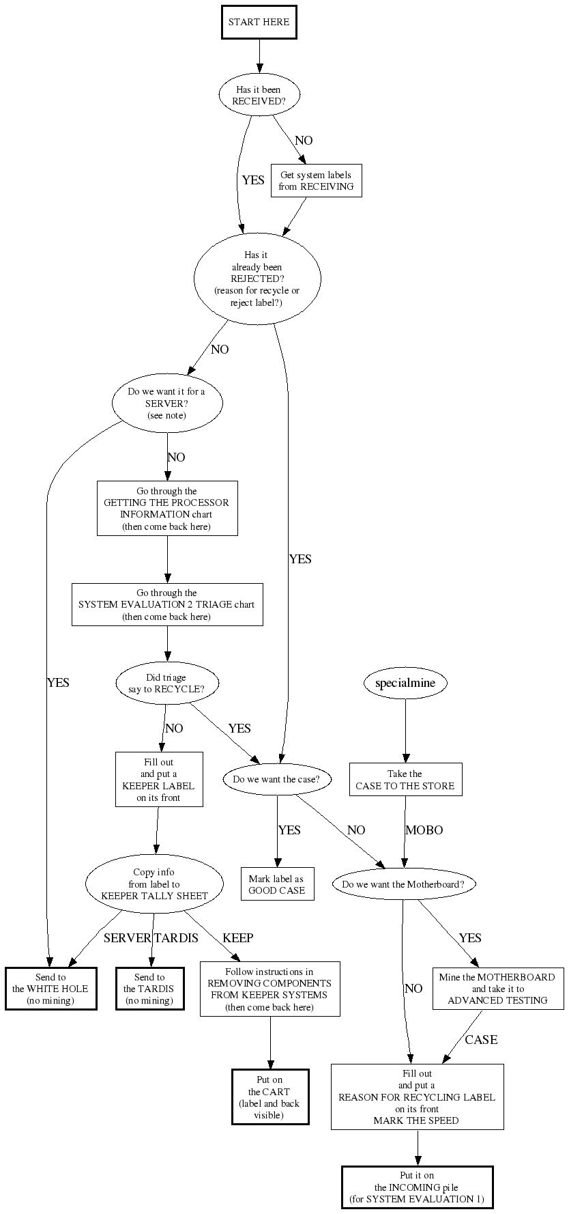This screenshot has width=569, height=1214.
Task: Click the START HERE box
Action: coord(259,22)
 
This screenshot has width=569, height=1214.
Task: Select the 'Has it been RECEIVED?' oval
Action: coord(259,95)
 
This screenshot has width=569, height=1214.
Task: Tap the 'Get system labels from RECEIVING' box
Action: coord(316,180)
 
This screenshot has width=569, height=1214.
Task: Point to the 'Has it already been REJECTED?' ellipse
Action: coord(257,279)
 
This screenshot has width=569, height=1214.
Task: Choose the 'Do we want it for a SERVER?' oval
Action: coord(166,404)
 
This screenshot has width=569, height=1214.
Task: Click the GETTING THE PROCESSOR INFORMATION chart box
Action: coord(166,509)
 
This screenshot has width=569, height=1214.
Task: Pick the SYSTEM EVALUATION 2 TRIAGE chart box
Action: coord(166,604)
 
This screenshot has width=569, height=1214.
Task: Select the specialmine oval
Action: coord(405,683)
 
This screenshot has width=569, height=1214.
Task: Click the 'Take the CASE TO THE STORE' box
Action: coord(405,780)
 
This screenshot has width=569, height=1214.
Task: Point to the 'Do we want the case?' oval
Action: coord(276,779)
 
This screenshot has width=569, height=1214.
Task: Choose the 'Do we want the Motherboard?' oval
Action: coord(403,884)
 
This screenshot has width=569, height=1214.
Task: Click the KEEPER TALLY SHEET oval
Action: coord(154,884)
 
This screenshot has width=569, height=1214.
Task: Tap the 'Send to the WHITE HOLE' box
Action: coord(50,989)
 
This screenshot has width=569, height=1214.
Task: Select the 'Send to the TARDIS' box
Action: coord(149,989)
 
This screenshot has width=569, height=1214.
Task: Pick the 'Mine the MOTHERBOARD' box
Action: coord(497,989)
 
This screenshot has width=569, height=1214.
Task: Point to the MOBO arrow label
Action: coord(424,830)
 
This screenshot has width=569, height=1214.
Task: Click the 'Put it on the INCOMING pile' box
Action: coord(417,1187)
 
